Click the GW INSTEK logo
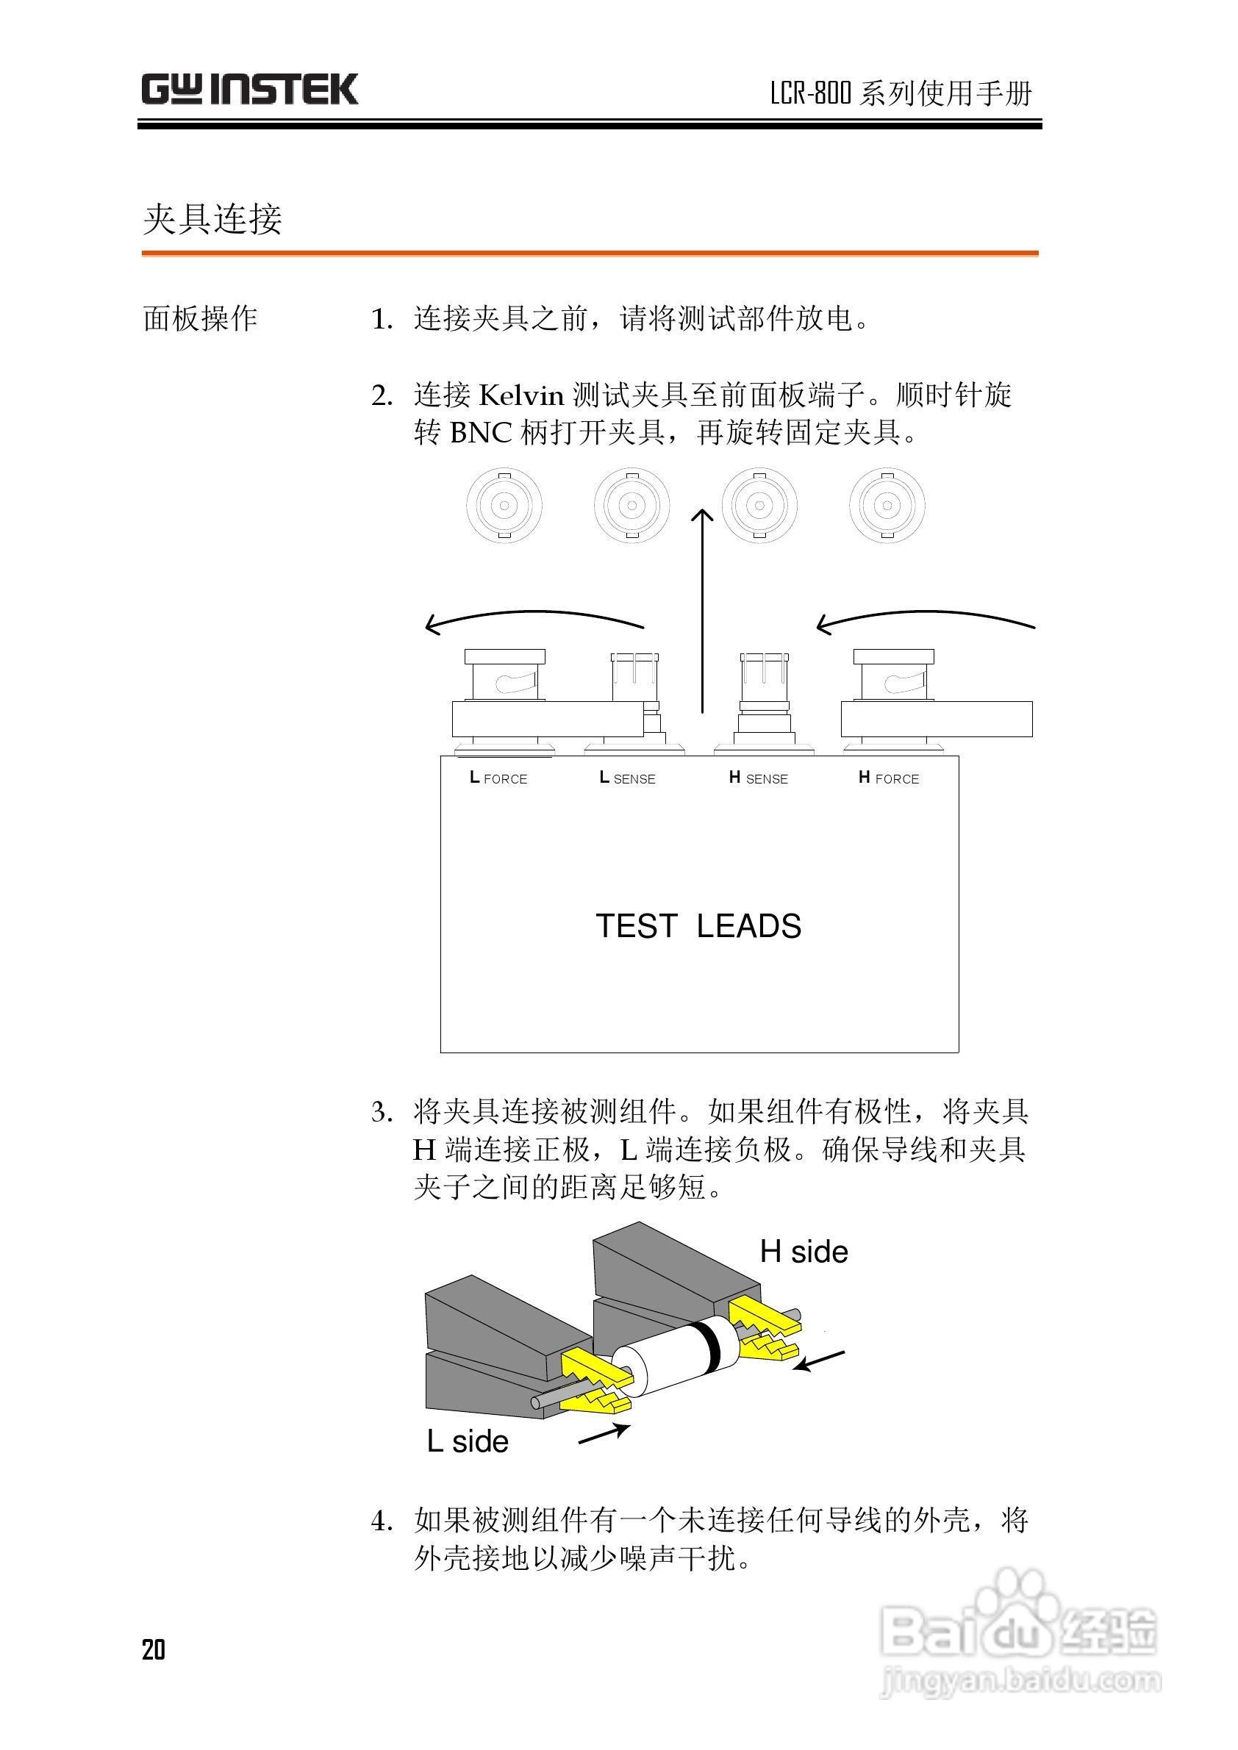pos(249,89)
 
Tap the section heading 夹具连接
pos(212,219)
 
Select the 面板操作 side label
pos(200,318)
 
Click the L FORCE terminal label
pos(498,778)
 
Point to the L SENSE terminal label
pos(627,778)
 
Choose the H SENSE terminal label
pos(759,778)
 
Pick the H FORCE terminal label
pos(889,778)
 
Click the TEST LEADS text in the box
pos(698,926)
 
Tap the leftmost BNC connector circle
pos(504,506)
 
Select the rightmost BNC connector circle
pos(887,506)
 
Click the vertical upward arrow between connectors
pos(702,610)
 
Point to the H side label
pos(804,1252)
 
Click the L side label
pos(468,1441)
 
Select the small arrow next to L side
pos(604,1433)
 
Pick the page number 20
pos(153,1649)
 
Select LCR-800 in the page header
pos(810,94)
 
